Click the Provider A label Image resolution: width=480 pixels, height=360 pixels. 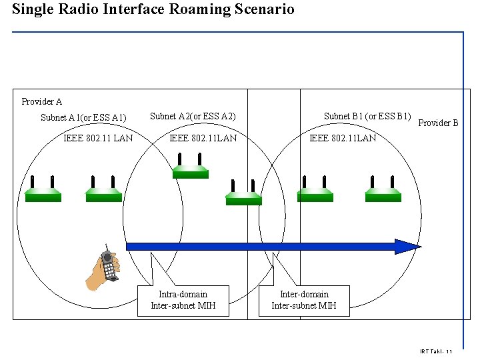coord(42,101)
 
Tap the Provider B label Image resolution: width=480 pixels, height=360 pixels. coord(438,123)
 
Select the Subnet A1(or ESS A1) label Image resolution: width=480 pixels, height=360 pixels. coord(83,118)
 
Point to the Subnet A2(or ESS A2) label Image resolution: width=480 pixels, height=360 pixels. coord(193,116)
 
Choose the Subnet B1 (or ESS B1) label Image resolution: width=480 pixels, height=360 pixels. coord(367,116)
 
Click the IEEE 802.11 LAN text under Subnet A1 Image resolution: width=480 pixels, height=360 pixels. coord(98,138)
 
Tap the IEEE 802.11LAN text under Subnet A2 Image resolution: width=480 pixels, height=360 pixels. coord(203,138)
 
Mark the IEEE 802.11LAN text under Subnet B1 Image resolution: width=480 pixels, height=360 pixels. coord(343,138)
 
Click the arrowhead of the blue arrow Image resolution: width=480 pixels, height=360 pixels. coord(407,247)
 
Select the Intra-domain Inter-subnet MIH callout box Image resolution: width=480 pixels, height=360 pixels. coord(183,300)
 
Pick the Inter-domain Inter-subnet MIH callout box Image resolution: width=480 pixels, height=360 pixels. coord(304,300)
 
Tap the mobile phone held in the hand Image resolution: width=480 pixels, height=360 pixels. coord(109,265)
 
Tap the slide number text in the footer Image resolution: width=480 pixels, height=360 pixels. coord(437,351)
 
